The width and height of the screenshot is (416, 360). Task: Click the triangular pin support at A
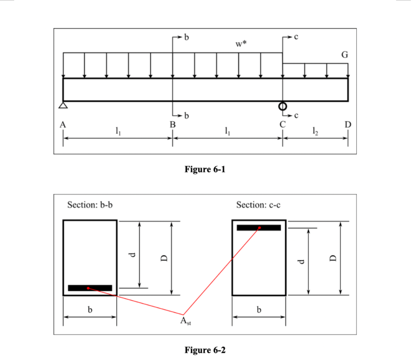(x=63, y=105)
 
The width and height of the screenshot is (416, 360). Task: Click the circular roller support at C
(x=283, y=106)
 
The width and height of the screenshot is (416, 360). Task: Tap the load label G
(x=344, y=55)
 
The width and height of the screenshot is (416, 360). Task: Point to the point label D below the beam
(x=348, y=124)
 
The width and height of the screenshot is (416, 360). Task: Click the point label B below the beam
(x=173, y=125)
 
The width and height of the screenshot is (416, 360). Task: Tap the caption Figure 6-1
(x=205, y=169)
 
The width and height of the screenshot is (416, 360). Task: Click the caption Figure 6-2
(x=205, y=350)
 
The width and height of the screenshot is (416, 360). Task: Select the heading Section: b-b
(x=90, y=205)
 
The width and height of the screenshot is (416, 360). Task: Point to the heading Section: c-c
(x=258, y=205)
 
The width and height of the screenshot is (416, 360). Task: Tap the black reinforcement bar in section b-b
(x=90, y=288)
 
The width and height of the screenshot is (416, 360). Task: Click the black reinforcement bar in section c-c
(x=259, y=228)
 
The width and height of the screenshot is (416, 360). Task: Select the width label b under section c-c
(x=259, y=310)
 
